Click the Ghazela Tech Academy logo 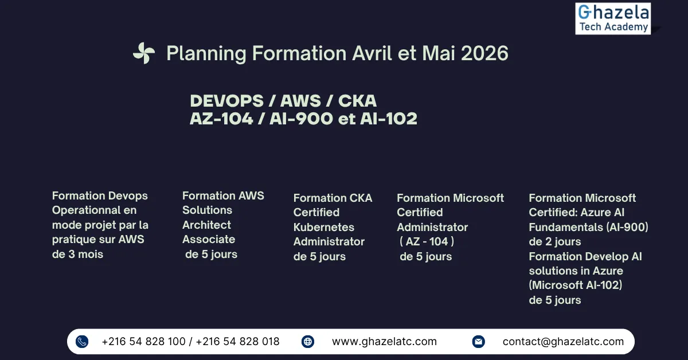click(x=613, y=18)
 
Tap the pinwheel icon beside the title click(x=144, y=53)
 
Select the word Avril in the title click(x=372, y=53)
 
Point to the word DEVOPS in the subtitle click(x=226, y=101)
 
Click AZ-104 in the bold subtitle click(x=221, y=119)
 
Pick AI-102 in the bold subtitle click(x=389, y=119)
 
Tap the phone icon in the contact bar click(x=82, y=342)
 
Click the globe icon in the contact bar click(x=308, y=342)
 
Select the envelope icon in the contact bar click(x=479, y=342)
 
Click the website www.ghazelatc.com click(x=384, y=342)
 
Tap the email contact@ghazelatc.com click(x=563, y=342)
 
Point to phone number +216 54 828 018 click(x=237, y=342)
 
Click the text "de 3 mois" click(x=77, y=255)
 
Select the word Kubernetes click(x=324, y=228)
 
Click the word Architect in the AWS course click(x=206, y=225)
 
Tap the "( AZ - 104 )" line click(x=427, y=242)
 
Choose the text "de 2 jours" click(x=555, y=242)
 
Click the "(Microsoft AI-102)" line click(x=575, y=285)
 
